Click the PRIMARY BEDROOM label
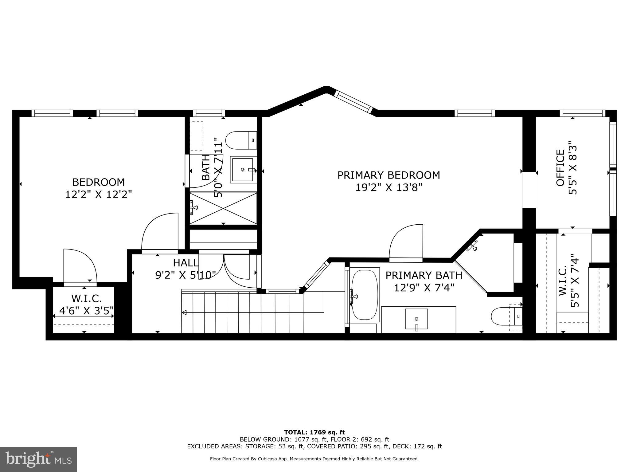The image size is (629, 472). pyautogui.click(x=389, y=175)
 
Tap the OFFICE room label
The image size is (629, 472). pyautogui.click(x=561, y=168)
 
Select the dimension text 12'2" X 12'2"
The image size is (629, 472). pyautogui.click(x=98, y=195)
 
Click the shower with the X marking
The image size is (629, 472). pyautogui.click(x=223, y=208)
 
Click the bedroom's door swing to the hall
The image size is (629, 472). pyautogui.click(x=160, y=232)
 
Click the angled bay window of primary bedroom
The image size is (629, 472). pyautogui.click(x=353, y=102)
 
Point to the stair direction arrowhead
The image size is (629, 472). pyautogui.click(x=184, y=313)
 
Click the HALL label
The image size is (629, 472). pyautogui.click(x=186, y=263)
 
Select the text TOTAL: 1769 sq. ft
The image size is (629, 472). pyautogui.click(x=314, y=432)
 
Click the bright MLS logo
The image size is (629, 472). pyautogui.click(x=38, y=459)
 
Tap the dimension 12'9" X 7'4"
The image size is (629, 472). pyautogui.click(x=424, y=288)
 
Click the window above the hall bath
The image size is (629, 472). pyautogui.click(x=209, y=113)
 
